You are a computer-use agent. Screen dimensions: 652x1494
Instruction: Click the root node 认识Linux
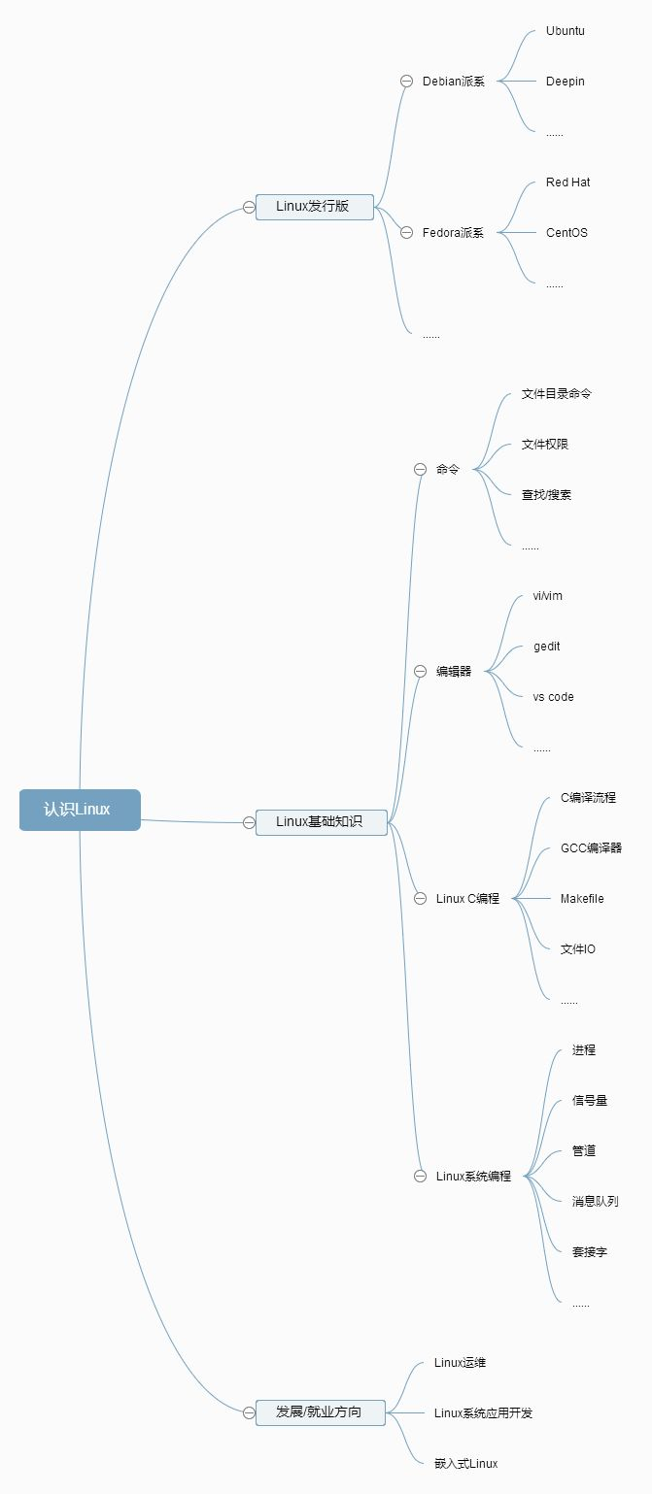click(80, 810)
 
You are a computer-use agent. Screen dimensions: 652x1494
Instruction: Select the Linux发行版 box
click(314, 207)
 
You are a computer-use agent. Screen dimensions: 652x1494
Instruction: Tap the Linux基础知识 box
click(321, 821)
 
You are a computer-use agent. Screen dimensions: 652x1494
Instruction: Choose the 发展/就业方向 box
click(321, 1411)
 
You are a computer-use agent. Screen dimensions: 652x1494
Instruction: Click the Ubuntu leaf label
click(566, 31)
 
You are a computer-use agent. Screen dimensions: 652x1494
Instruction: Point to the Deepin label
click(566, 82)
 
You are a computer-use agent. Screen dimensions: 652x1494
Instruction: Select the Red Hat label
click(567, 183)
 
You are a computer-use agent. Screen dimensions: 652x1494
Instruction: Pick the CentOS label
click(566, 233)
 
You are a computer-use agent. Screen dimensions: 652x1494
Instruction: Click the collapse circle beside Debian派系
click(406, 82)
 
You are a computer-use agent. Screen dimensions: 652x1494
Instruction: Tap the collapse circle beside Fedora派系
click(406, 233)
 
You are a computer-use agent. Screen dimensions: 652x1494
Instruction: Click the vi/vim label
click(547, 596)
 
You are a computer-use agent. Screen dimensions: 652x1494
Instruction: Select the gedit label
click(546, 647)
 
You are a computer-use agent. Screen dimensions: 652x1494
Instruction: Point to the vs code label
click(553, 697)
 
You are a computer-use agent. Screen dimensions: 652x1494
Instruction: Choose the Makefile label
click(582, 898)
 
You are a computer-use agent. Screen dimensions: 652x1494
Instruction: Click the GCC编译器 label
click(592, 847)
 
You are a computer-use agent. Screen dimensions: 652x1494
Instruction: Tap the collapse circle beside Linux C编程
click(420, 898)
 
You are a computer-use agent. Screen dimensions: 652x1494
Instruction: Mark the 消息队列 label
click(596, 1201)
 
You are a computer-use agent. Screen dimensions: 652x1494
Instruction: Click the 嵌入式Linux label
click(465, 1463)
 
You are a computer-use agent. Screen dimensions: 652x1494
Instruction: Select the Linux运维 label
click(460, 1363)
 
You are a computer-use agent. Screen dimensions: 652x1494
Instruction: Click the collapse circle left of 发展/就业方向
click(249, 1412)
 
